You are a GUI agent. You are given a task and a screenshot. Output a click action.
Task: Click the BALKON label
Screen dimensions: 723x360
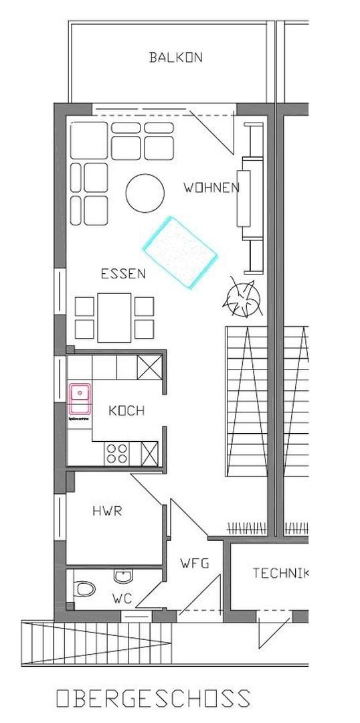(175, 58)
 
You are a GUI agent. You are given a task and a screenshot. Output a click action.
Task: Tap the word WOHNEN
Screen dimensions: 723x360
(211, 188)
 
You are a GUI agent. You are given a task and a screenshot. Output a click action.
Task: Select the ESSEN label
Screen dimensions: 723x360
(123, 273)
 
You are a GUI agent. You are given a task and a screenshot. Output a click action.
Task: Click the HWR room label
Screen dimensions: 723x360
(107, 511)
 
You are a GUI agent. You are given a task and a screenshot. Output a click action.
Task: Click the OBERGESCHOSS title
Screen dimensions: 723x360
(153, 699)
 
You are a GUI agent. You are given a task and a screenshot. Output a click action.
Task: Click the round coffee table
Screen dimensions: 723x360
(145, 193)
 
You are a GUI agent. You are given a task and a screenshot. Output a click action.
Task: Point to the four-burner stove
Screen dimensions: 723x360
(116, 453)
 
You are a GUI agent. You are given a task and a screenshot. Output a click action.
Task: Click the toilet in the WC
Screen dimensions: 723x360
(84, 589)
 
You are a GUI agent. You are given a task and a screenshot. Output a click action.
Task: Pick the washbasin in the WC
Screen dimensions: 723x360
(123, 575)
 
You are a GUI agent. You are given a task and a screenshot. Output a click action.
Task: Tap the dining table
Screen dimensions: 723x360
(114, 317)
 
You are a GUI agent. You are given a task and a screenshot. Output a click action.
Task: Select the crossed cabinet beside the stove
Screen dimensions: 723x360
(149, 453)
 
